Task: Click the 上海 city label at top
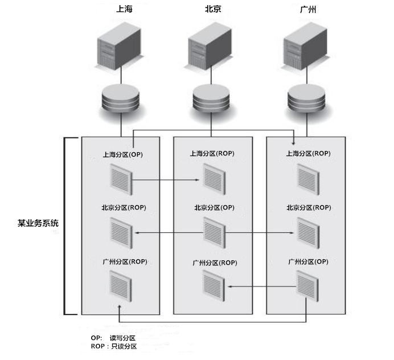pos(123,10)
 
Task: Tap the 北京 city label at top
pos(212,10)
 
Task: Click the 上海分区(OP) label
pos(122,154)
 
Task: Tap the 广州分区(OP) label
pos(308,261)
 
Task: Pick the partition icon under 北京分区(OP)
pos(214,232)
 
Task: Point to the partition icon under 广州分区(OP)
pos(307,285)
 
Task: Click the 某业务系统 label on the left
pos(38,224)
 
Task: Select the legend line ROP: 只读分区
pos(113,346)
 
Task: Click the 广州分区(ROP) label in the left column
pos(124,261)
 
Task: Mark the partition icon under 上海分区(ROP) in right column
pos(307,178)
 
